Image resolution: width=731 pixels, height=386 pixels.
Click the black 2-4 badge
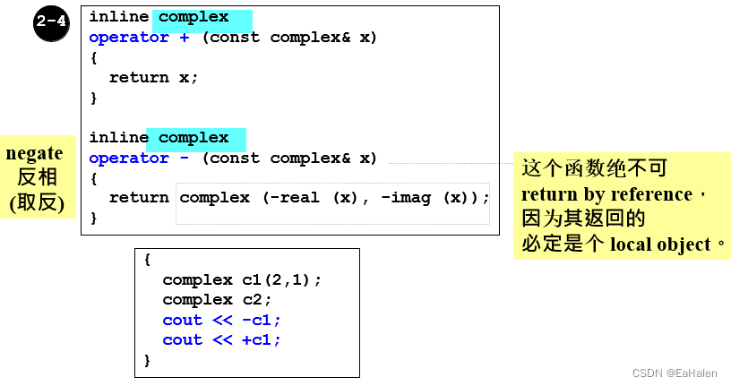pyautogui.click(x=52, y=22)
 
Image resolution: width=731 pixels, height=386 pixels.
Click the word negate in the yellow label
pyautogui.click(x=34, y=153)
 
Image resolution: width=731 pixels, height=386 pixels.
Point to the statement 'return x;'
pyautogui.click(x=153, y=77)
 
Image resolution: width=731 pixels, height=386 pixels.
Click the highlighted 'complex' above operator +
pyautogui.click(x=193, y=17)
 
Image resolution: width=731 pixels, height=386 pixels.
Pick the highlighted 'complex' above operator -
pyautogui.click(x=193, y=138)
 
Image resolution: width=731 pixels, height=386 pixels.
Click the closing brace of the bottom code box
pyautogui.click(x=148, y=360)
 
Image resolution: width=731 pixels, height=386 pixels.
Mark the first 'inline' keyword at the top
pyautogui.click(x=118, y=17)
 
